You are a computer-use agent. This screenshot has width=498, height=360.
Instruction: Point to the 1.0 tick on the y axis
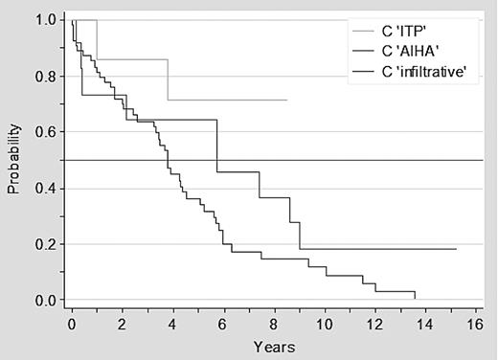point(43,20)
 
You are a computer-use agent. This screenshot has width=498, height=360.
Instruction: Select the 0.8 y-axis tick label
point(43,77)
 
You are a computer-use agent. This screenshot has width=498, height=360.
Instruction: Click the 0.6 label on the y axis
point(43,132)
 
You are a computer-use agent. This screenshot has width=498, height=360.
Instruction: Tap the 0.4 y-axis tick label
point(43,189)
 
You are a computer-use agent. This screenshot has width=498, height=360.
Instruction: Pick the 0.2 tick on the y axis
point(43,245)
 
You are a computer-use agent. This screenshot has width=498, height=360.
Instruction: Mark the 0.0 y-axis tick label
point(43,301)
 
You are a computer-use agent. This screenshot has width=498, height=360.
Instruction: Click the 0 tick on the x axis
point(72,325)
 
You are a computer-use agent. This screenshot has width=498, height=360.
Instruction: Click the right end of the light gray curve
point(286,100)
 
